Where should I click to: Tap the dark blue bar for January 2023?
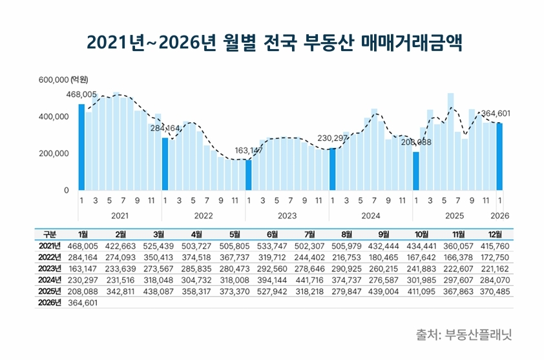coord(249,175)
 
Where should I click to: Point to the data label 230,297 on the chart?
coord(333,138)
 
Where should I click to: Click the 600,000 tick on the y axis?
coord(54,80)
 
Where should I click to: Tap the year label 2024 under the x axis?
coord(371,214)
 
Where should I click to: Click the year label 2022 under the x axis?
coord(204,214)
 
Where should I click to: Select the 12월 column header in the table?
coord(496,234)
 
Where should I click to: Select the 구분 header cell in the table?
coord(49,234)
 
